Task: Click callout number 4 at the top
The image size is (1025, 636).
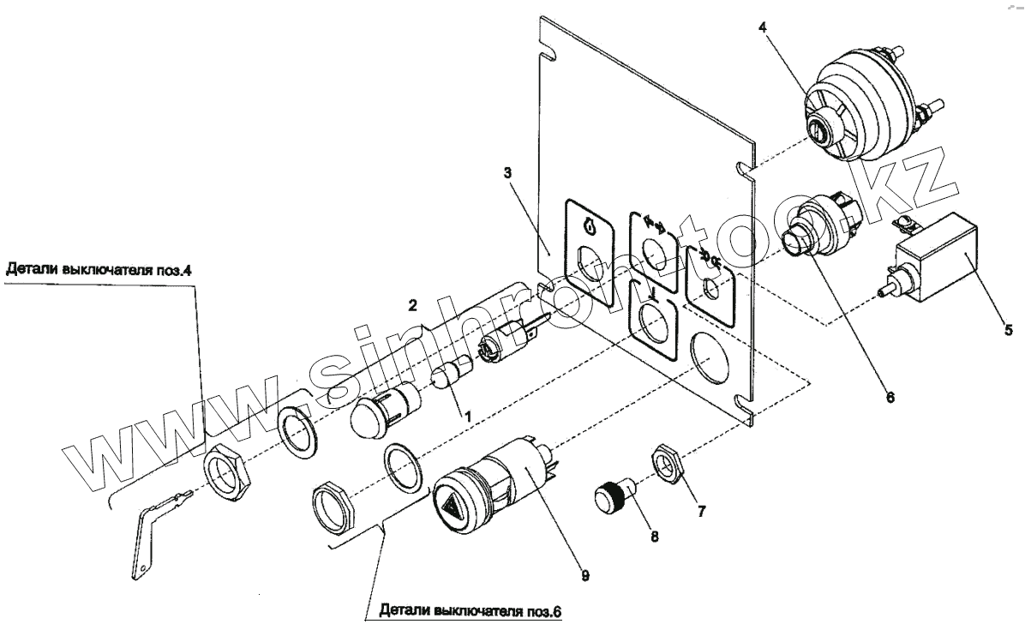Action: pos(762,27)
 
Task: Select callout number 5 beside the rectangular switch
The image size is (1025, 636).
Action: pos(1007,328)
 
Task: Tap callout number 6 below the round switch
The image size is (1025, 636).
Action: pos(889,398)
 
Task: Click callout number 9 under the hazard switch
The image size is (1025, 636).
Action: pos(584,576)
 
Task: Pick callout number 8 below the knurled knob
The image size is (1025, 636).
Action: pos(654,537)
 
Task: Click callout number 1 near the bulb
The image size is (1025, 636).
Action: pos(467,414)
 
